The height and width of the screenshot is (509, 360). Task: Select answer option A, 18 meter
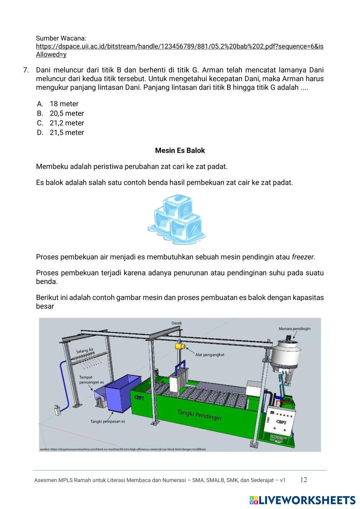click(64, 104)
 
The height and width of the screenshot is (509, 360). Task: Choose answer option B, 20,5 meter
click(67, 113)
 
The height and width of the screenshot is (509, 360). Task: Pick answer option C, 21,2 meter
click(67, 123)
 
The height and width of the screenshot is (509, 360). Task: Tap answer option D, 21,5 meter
click(67, 132)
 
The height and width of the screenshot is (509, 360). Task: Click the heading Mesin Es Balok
click(180, 150)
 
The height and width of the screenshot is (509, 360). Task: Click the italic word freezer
click(303, 257)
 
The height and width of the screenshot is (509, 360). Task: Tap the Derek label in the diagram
click(177, 323)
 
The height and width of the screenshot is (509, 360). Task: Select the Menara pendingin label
click(294, 328)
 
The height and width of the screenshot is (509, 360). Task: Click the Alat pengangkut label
click(210, 355)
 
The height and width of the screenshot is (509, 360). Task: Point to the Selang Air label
click(85, 350)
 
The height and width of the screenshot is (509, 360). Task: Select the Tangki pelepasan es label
click(108, 421)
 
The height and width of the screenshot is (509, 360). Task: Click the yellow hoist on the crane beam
click(180, 346)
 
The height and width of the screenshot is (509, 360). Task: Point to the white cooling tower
click(286, 355)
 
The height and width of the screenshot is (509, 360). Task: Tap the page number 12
click(303, 479)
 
